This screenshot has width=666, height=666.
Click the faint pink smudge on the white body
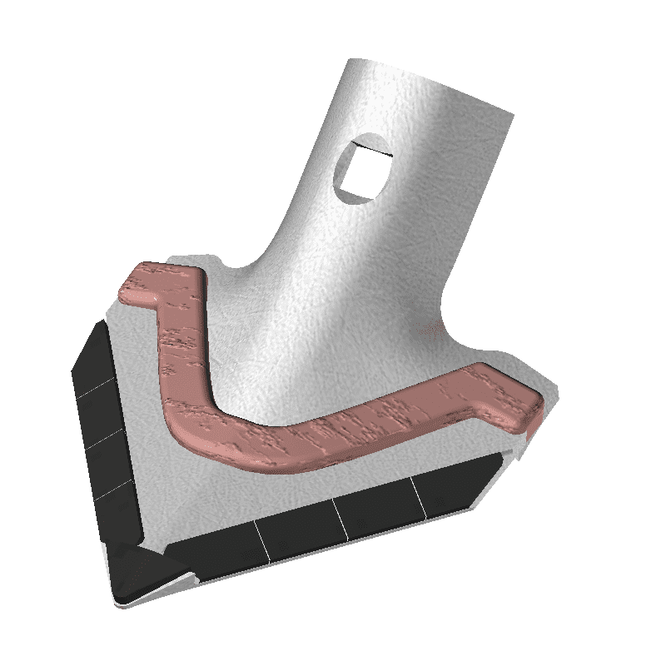pyautogui.click(x=426, y=329)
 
